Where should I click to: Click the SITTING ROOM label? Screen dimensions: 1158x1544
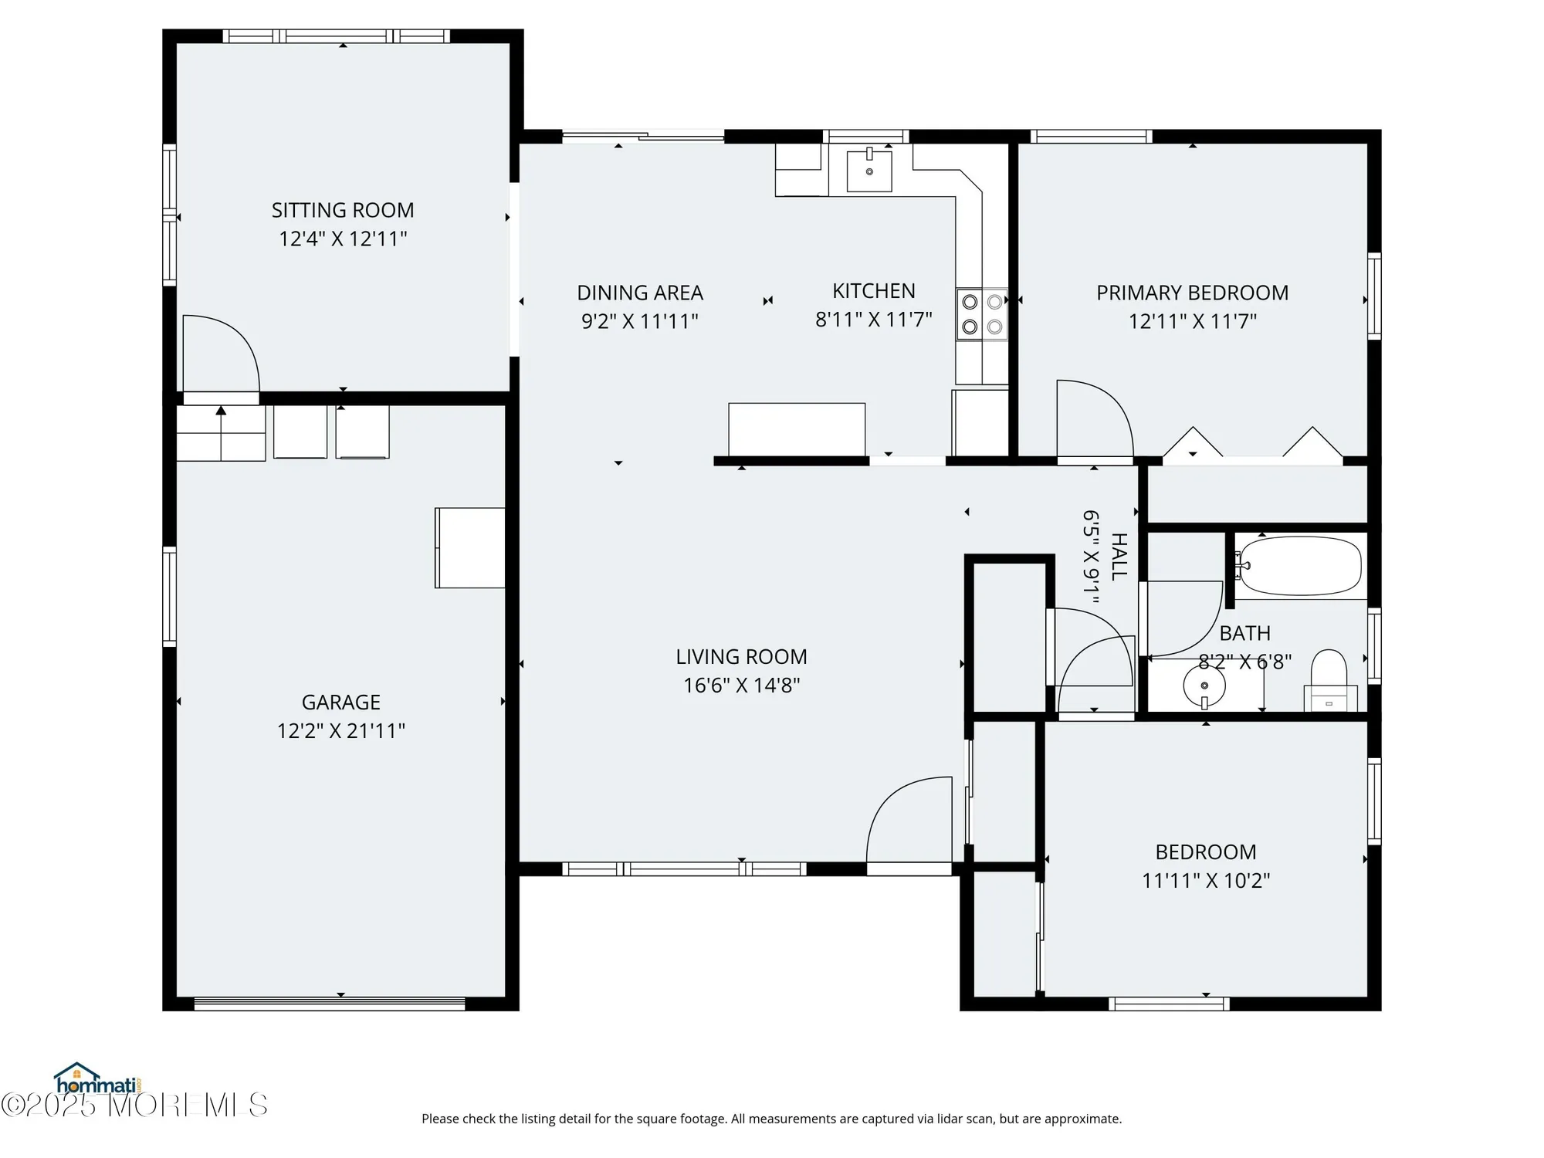343,210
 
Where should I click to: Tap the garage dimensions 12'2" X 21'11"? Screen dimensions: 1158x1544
341,730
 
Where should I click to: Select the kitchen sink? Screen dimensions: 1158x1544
869,171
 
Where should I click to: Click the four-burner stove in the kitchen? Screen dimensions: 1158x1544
982,314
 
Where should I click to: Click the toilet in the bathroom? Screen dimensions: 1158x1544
1329,679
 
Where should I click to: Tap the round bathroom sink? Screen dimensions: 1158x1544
1204,686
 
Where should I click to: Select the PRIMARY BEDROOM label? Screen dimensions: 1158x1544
1192,293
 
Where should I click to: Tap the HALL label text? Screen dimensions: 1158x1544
1119,556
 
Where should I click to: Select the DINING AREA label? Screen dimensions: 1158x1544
640,293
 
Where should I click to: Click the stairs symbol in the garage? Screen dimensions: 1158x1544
222,434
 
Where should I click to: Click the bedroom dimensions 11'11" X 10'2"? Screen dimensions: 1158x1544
1206,880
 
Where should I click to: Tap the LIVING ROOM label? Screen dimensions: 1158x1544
741,656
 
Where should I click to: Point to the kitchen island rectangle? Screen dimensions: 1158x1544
797,429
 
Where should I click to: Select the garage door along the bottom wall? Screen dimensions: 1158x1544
330,1004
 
